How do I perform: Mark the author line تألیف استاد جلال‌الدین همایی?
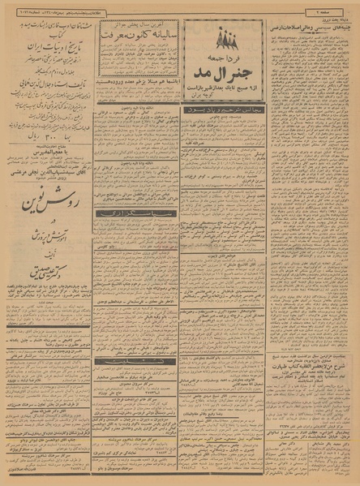pyautogui.click(x=49, y=71)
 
